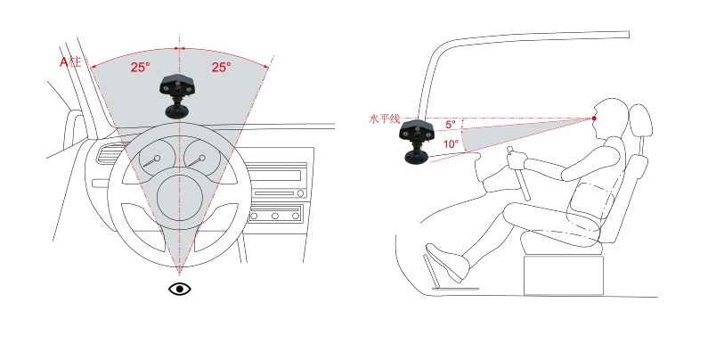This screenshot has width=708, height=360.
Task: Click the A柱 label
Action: [x=70, y=61]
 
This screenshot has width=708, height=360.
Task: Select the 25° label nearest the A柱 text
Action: [x=141, y=68]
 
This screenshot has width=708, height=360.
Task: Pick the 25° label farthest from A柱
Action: [x=221, y=68]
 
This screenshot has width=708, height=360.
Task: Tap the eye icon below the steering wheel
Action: [x=180, y=289]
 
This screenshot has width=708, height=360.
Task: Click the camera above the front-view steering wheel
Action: [x=175, y=95]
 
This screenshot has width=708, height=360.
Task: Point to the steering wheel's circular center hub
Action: [x=180, y=198]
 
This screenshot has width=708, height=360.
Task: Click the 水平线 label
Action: [x=385, y=119]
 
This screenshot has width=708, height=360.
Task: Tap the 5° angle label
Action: [x=451, y=124]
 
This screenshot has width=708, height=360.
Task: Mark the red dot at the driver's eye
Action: [x=594, y=119]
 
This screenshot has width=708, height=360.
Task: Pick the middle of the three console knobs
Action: [x=274, y=217]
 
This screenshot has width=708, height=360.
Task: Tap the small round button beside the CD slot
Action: [x=300, y=193]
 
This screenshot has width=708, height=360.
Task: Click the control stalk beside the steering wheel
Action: [x=101, y=184]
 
